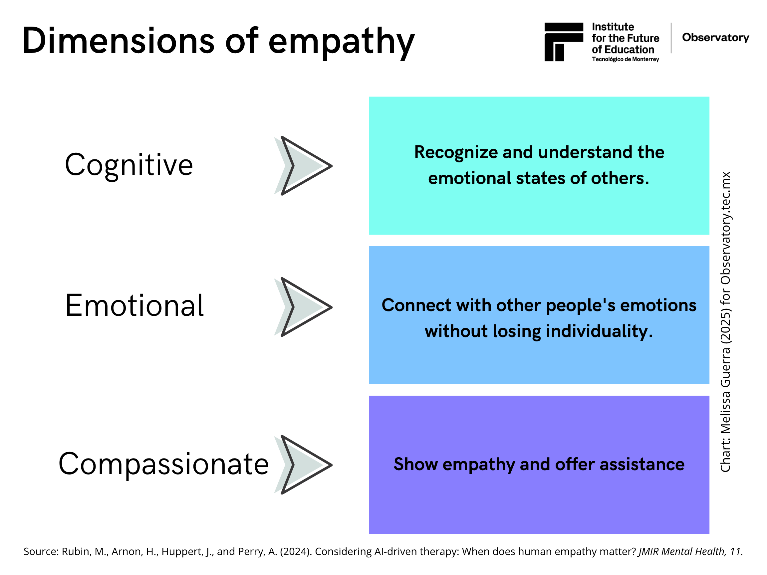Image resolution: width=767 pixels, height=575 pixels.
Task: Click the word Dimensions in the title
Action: (119, 41)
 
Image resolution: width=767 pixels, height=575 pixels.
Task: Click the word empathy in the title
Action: (342, 43)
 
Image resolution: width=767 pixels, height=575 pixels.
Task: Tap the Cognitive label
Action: (128, 166)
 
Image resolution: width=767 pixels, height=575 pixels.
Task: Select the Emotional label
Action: (134, 306)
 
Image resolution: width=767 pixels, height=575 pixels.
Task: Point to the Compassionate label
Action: (164, 465)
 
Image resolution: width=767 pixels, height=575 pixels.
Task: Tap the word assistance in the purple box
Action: (642, 465)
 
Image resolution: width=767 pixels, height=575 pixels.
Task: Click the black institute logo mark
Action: (564, 42)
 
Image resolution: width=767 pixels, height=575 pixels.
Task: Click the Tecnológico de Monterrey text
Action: (626, 59)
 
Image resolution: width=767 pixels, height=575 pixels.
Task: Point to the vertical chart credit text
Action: (726, 322)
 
